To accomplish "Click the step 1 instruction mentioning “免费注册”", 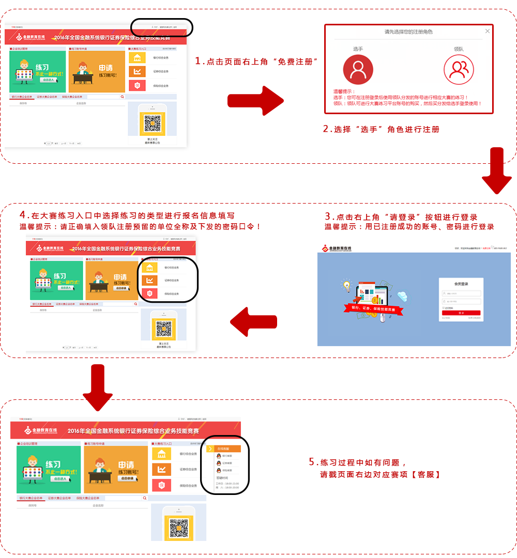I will click(256, 61).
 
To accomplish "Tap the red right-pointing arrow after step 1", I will click(256, 101).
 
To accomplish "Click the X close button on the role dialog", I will click(487, 32).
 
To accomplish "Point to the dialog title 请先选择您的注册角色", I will click(408, 32).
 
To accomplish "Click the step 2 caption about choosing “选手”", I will click(381, 129).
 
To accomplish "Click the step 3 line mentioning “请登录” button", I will click(401, 217).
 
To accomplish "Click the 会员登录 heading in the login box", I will click(461, 284).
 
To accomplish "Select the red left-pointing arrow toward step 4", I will click(253, 323).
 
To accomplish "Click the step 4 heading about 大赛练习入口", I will click(127, 215).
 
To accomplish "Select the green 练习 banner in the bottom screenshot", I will click(49, 470).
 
